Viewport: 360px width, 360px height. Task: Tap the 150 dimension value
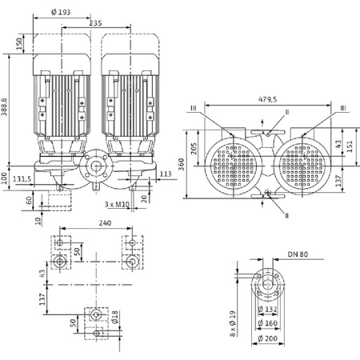click(x=20, y=42)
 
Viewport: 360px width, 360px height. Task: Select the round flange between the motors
click(x=98, y=168)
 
